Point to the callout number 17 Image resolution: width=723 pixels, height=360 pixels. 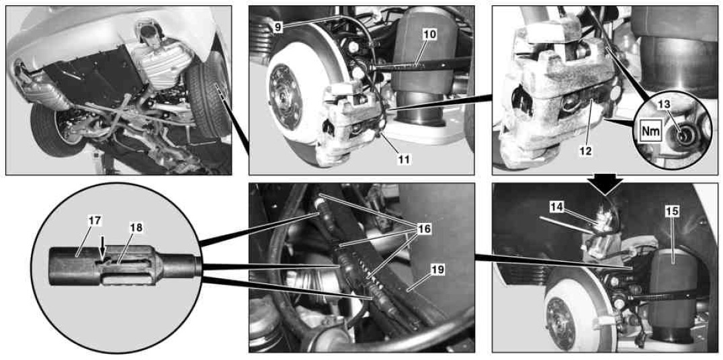95,221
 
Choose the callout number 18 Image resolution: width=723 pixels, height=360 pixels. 136,227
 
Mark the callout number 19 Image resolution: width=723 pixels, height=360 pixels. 437,269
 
